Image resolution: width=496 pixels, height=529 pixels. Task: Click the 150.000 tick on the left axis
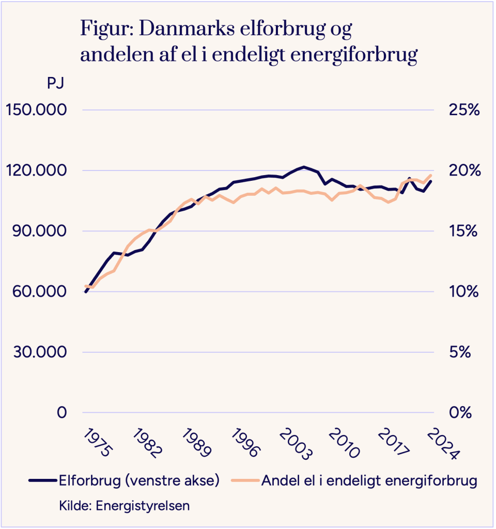[x=36, y=110]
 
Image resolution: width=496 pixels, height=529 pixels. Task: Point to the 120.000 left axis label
[x=36, y=170]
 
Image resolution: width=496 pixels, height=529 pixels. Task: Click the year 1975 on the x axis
[x=97, y=443]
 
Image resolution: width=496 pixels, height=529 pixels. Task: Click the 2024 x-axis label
[x=443, y=444]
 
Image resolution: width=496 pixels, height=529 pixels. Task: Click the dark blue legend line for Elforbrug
[x=42, y=480]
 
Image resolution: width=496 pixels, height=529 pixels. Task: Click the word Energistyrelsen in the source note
[x=143, y=505]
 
